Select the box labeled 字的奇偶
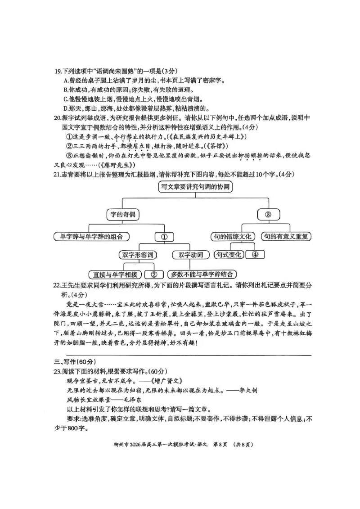[123, 214]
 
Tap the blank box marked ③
[268, 214]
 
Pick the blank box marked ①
[164, 237]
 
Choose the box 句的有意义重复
[287, 236]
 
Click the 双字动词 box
[190, 255]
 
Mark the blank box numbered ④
[255, 255]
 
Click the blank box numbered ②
[154, 274]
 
